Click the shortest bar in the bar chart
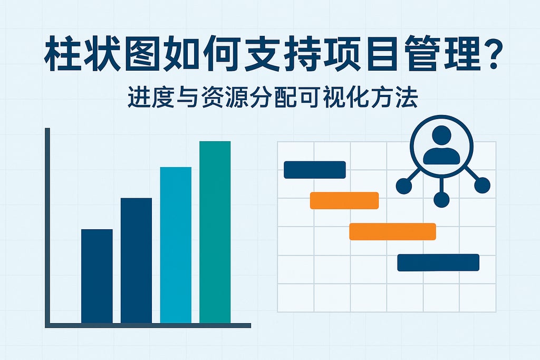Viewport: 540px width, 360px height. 97,276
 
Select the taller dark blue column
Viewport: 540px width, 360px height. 136,260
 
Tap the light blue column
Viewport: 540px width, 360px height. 176,245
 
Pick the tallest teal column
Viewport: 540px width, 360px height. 215,232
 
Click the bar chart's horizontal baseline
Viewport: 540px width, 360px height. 148,326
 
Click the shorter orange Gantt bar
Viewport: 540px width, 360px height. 344,201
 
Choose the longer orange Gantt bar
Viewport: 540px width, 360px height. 392,231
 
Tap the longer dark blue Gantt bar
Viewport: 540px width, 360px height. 438,262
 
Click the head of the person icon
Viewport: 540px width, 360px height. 441,135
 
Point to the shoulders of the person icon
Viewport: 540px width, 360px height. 441,156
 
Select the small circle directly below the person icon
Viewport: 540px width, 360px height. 441,200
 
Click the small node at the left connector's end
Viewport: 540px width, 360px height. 404,186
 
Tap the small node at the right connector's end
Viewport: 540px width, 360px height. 482,185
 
